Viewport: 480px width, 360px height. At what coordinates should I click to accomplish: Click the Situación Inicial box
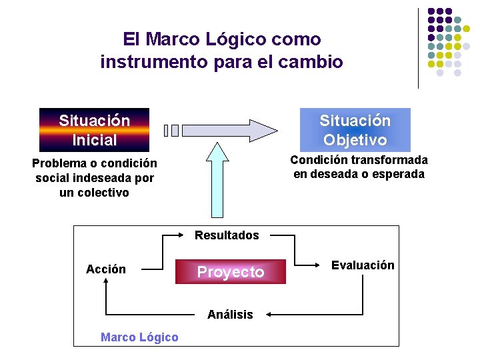click(x=94, y=130)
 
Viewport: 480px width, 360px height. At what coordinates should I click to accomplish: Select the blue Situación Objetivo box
click(x=355, y=130)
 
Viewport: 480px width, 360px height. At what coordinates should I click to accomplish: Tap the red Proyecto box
click(x=230, y=272)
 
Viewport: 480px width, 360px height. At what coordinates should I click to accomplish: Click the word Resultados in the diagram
click(x=227, y=235)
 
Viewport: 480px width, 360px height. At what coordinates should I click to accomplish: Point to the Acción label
click(x=106, y=269)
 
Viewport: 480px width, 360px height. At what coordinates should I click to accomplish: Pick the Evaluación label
click(x=363, y=265)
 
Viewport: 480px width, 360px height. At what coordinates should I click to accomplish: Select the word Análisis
click(x=230, y=315)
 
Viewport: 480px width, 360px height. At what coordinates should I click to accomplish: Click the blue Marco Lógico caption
click(x=139, y=337)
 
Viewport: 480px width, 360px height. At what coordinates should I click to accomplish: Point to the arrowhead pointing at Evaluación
click(x=321, y=270)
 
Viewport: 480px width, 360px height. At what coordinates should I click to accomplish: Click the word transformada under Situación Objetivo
click(x=387, y=160)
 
